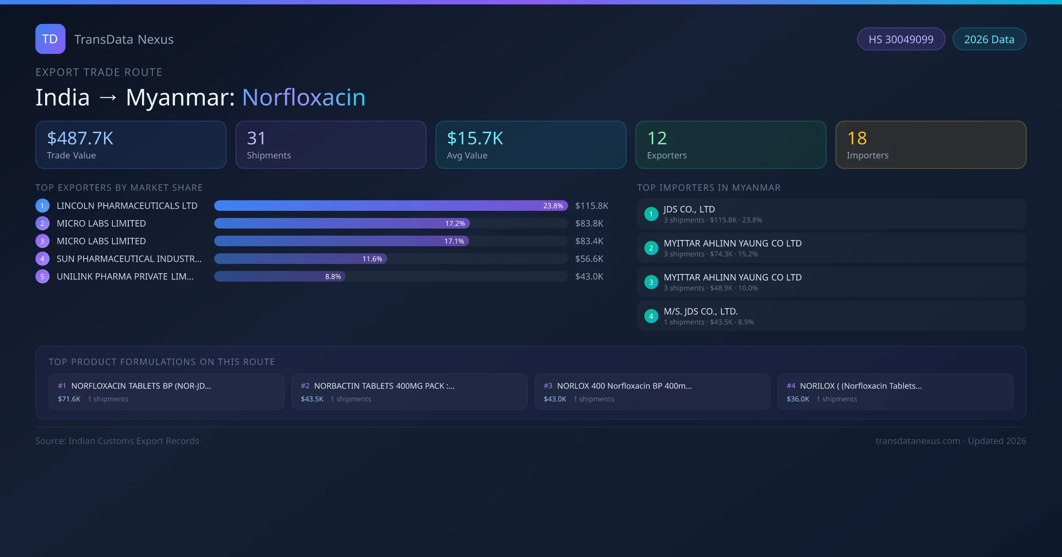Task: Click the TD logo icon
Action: (x=50, y=39)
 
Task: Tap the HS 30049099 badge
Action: (x=901, y=39)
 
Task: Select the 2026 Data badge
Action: (x=989, y=39)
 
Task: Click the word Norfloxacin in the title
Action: (x=304, y=97)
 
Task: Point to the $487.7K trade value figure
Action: (x=80, y=138)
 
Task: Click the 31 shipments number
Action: (x=256, y=138)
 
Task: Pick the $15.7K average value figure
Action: (x=475, y=138)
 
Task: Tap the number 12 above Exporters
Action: (x=657, y=138)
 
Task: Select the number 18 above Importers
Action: (x=857, y=138)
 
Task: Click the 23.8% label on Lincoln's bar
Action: (x=553, y=206)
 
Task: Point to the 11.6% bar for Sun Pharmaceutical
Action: (x=301, y=259)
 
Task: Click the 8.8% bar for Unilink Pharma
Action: (x=280, y=276)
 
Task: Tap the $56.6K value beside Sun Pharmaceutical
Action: (x=589, y=259)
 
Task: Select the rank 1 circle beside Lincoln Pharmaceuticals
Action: (x=42, y=206)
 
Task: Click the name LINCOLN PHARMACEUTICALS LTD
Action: (x=127, y=206)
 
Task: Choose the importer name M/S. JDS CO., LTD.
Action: (x=700, y=311)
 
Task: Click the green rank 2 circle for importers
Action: (x=651, y=248)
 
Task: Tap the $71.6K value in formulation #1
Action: (x=69, y=399)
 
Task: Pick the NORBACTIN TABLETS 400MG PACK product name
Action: (x=384, y=386)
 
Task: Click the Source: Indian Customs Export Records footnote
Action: (x=117, y=441)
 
